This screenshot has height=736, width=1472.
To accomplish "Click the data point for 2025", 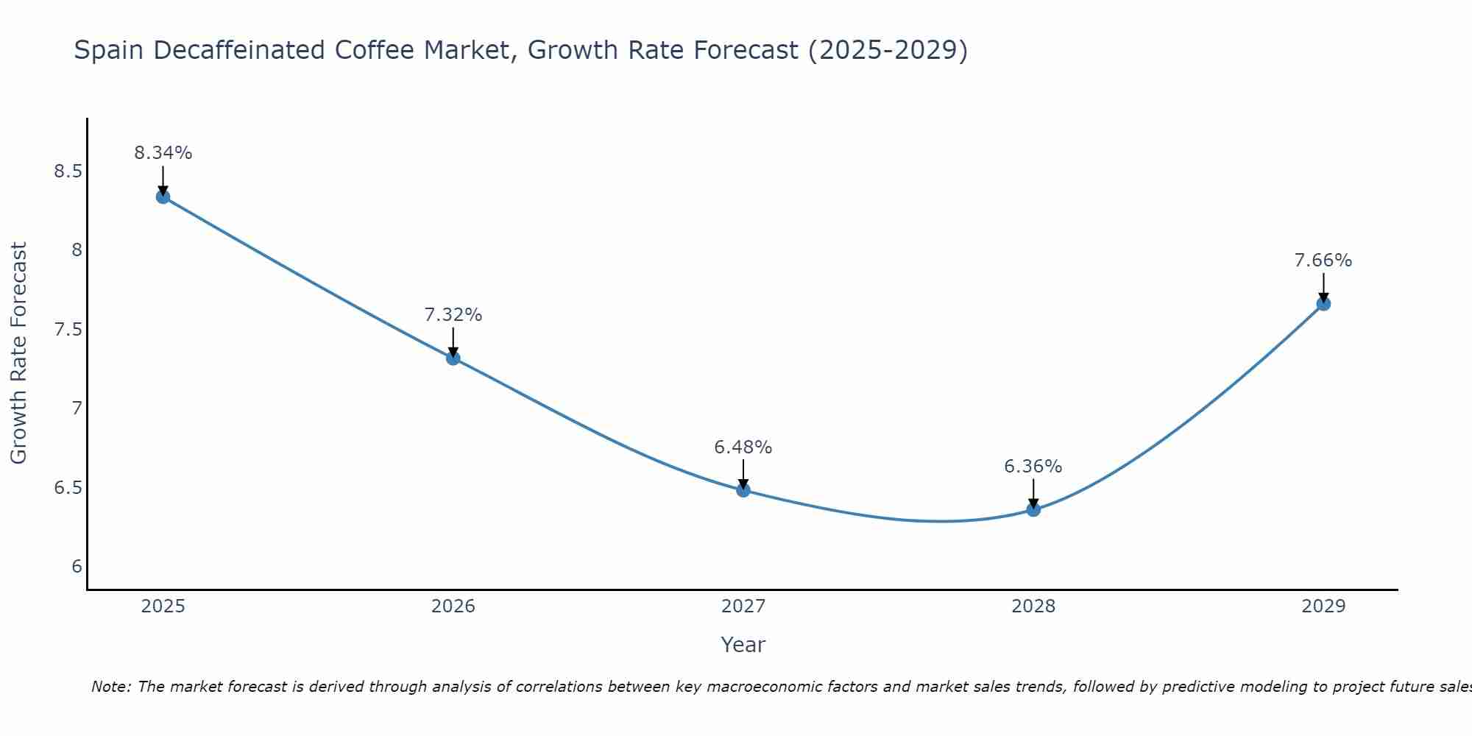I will (163, 197).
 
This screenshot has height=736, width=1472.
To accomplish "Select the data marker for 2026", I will (453, 358).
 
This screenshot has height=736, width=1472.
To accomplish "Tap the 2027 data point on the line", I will (743, 490).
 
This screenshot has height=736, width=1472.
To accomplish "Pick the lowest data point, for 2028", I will (1033, 509).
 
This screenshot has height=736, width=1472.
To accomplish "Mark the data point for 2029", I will (1323, 304).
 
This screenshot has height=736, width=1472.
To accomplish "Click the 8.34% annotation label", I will (163, 153).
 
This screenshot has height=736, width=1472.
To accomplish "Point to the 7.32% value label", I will (453, 315).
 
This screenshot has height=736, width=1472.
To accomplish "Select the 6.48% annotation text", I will (743, 447).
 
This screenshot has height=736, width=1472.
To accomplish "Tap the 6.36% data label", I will (1033, 467).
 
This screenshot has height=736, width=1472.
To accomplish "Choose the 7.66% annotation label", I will (1323, 261).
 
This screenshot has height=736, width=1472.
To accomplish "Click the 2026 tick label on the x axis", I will (453, 606).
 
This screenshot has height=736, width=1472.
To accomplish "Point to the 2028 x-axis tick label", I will (1033, 606).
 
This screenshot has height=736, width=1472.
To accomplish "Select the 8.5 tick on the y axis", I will (68, 171).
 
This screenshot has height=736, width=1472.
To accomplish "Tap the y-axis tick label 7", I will (77, 408).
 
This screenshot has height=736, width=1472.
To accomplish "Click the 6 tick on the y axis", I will (77, 567).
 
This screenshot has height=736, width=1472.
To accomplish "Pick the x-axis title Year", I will (743, 645).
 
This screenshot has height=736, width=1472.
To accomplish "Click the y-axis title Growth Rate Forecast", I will (18, 353).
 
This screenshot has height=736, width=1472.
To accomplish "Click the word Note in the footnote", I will (110, 687).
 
